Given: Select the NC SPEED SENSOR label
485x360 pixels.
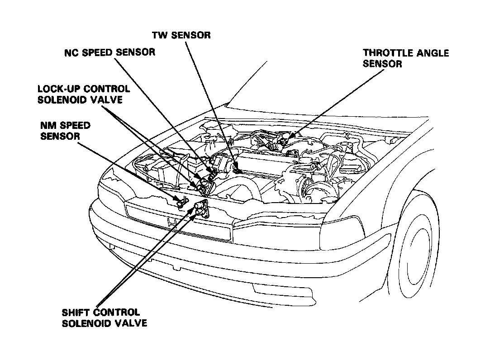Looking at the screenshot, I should (109, 52).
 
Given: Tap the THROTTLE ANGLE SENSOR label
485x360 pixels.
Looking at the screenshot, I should (405, 58).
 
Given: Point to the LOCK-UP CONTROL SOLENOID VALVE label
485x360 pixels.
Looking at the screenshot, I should (83, 94).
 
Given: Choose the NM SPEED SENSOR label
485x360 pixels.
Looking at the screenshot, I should (65, 130).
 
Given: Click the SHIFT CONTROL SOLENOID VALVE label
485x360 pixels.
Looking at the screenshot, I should (101, 317).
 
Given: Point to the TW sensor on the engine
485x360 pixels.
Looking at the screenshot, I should (237, 171).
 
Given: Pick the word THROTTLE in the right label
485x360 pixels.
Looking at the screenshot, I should (385, 53).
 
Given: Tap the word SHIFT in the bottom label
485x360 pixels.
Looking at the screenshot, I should (74, 312).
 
